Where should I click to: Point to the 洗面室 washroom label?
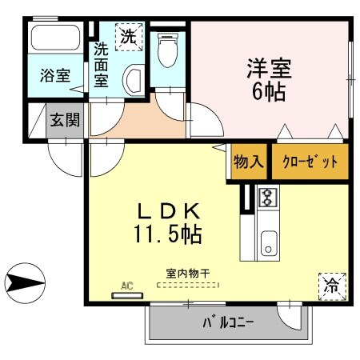pyautogui.click(x=102, y=64)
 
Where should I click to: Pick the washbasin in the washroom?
pyautogui.click(x=133, y=80)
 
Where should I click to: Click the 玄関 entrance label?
pyautogui.click(x=66, y=121)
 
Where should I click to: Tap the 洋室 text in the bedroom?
pyautogui.click(x=269, y=66)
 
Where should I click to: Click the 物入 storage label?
pyautogui.click(x=248, y=162)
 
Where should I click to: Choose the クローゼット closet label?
pyautogui.click(x=310, y=162)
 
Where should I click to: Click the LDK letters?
pyautogui.click(x=168, y=212)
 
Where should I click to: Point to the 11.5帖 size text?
pyautogui.click(x=168, y=235)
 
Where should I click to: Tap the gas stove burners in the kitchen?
pyautogui.click(x=266, y=196)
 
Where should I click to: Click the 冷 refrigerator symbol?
pyautogui.click(x=330, y=282)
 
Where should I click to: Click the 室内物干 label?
pyautogui.click(x=188, y=274)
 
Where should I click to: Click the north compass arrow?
pyautogui.click(x=22, y=282)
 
